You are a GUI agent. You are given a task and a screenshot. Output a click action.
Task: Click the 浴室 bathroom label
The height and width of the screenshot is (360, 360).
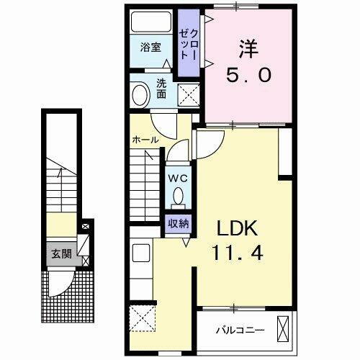click(x=150, y=49)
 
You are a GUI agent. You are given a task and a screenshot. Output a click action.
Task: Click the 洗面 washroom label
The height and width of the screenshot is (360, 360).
click(x=161, y=88)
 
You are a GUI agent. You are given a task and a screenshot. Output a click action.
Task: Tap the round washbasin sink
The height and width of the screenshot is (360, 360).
click(x=141, y=93)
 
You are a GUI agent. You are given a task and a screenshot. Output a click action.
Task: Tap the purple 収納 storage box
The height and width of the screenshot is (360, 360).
click(x=179, y=222)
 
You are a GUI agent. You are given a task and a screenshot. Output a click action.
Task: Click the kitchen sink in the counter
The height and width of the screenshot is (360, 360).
click(x=140, y=254)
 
